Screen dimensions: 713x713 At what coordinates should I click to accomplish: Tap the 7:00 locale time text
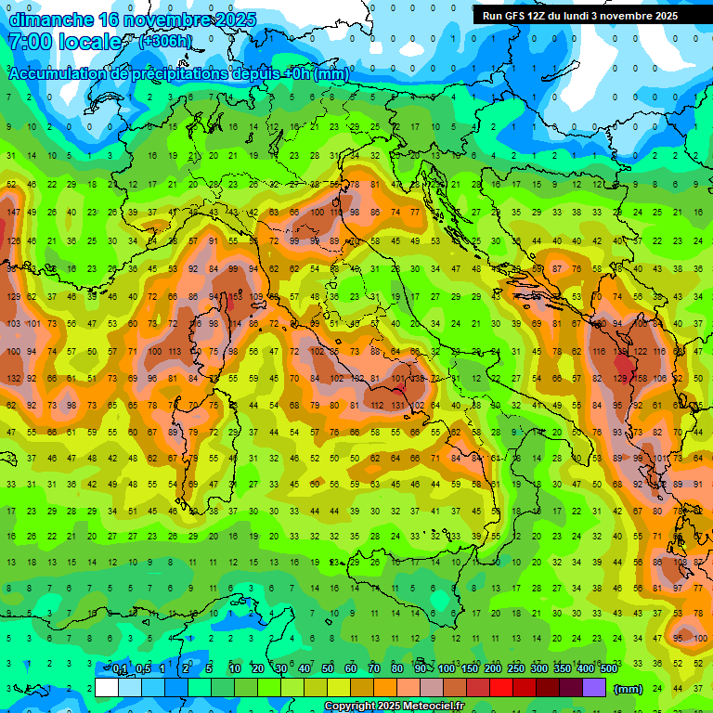(64, 42)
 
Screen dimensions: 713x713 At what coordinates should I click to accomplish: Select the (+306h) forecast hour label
(165, 41)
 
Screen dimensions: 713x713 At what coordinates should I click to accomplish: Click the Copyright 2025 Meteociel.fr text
(395, 707)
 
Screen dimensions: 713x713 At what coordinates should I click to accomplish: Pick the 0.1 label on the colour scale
(120, 669)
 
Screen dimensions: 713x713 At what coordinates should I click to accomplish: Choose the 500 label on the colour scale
(608, 669)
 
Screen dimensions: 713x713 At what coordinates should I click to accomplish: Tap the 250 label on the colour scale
(515, 669)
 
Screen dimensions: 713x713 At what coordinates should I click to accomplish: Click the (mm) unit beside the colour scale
(629, 688)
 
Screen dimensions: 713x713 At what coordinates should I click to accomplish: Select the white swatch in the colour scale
(107, 688)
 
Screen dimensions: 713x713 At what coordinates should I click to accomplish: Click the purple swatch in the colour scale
(594, 688)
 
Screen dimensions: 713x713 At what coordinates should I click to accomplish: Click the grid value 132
(13, 379)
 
